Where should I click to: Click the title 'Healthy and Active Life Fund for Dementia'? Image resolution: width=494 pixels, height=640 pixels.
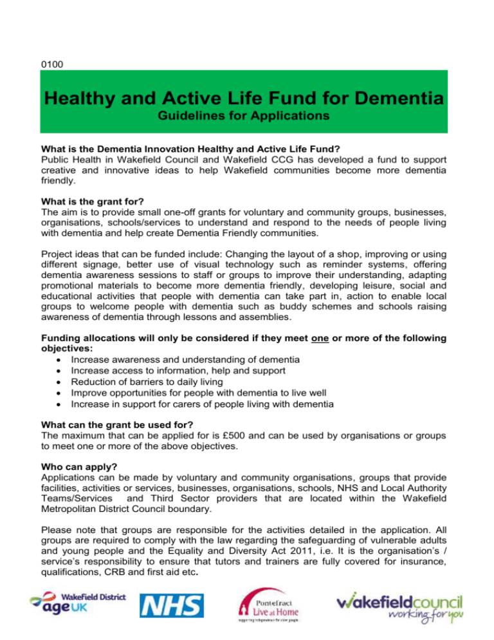coord(246,100)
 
